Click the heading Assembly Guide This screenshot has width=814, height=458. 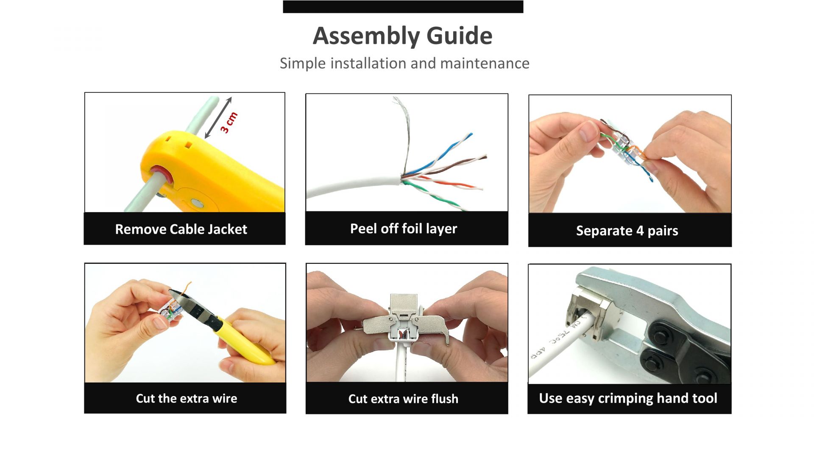pyautogui.click(x=402, y=36)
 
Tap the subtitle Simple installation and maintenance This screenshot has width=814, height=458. pyautogui.click(x=404, y=64)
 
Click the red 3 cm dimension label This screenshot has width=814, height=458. pyautogui.click(x=229, y=123)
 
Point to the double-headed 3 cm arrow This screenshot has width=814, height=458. pyautogui.click(x=218, y=118)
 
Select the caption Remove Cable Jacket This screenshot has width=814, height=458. pyautogui.click(x=181, y=229)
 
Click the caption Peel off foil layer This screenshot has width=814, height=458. pyautogui.click(x=404, y=229)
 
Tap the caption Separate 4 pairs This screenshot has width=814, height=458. pyautogui.click(x=627, y=231)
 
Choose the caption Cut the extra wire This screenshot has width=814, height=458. pyautogui.click(x=187, y=399)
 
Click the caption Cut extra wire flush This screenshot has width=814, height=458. pyautogui.click(x=403, y=399)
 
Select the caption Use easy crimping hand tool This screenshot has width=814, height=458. pyautogui.click(x=628, y=399)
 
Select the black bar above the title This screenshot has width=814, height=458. pyautogui.click(x=403, y=7)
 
